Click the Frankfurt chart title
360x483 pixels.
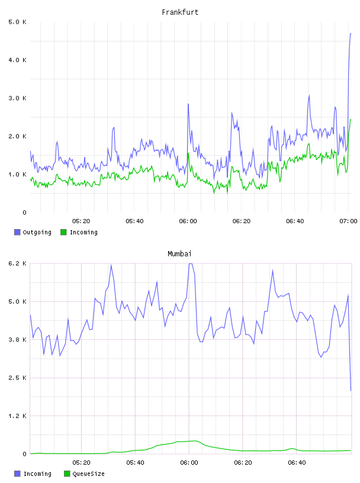tap(180, 12)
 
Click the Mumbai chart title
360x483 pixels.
tap(179, 254)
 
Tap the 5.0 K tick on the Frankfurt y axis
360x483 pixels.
tap(18, 22)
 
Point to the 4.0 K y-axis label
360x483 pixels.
tap(18, 60)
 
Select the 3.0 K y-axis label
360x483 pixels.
tap(18, 98)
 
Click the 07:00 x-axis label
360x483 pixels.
tap(348, 221)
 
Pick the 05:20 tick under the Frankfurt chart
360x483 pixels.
tap(81, 221)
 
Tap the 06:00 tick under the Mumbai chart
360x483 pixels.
tap(189, 463)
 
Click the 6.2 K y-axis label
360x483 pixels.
tap(18, 263)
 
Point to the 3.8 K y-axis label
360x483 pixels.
tap(18, 340)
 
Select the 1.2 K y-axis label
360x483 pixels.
tap(18, 416)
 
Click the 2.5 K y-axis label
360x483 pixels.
tap(18, 378)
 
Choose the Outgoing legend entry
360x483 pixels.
tap(33, 232)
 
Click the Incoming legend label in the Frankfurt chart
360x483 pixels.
tap(83, 232)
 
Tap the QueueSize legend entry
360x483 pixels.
tap(85, 474)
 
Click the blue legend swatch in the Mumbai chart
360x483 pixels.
tap(17, 474)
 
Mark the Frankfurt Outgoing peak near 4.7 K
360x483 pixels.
tap(351, 34)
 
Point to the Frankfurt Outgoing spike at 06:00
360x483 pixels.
tap(188, 104)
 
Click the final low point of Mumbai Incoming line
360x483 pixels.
tap(351, 391)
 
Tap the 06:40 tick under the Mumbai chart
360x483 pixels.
tap(297, 463)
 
